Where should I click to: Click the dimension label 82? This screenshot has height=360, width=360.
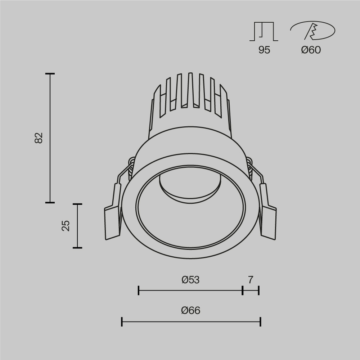tap(39, 138)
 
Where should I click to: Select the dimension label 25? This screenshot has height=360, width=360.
tap(66, 225)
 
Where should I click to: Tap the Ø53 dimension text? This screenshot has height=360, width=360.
tap(190, 280)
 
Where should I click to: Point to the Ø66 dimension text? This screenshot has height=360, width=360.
tap(190, 310)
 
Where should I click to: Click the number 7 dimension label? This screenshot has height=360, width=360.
tap(251, 280)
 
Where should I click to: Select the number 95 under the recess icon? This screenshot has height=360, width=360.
tap(264, 50)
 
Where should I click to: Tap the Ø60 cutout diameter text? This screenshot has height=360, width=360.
tap(311, 50)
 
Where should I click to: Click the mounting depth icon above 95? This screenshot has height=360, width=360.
tap(264, 31)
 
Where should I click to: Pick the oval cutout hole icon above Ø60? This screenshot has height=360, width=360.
tap(312, 31)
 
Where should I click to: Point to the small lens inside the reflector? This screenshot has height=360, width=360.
tap(190, 187)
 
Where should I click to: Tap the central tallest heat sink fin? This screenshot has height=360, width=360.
tap(190, 90)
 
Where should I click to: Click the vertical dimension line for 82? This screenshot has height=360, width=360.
tap(50, 138)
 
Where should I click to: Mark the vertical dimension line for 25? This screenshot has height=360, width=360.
tap(77, 226)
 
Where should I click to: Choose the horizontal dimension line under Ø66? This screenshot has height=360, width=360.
tap(191, 322)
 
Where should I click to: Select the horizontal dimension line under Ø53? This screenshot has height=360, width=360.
tap(190, 290)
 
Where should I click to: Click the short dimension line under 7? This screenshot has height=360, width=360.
tap(251, 290)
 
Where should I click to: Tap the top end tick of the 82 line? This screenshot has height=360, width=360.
tap(50, 74)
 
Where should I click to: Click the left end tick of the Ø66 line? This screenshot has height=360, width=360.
tap(122, 322)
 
